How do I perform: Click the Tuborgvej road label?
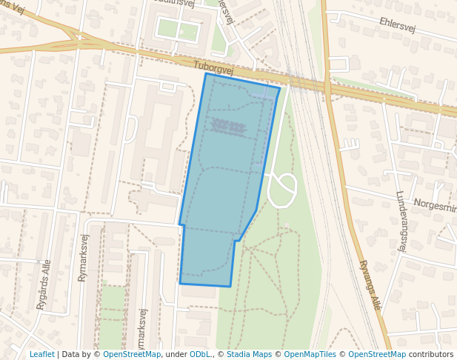[213, 68]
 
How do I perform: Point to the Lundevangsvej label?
[401, 221]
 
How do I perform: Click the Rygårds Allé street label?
[44, 284]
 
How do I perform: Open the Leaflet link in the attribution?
[41, 355]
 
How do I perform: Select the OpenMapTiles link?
[312, 355]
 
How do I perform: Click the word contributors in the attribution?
[431, 355]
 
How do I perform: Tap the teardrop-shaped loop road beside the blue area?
[282, 190]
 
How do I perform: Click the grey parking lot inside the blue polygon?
[229, 127]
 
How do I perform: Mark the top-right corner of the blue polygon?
[280, 88]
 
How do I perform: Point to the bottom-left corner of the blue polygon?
[180, 283]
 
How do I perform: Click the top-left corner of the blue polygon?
[206, 73]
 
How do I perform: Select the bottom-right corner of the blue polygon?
[230, 286]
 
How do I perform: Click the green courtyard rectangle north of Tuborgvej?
[179, 30]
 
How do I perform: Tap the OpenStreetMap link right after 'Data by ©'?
[131, 355]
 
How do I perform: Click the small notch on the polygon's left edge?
[181, 224]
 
